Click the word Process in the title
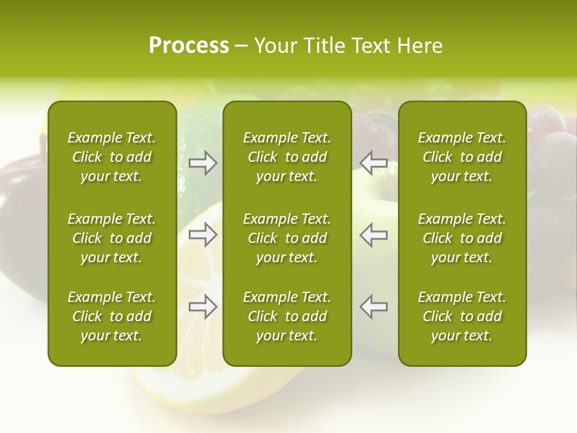(189, 46)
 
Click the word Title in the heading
(324, 46)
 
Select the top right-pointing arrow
(203, 164)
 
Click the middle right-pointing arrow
(203, 235)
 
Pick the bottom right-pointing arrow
(203, 307)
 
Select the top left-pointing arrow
(374, 164)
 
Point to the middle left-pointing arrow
(374, 235)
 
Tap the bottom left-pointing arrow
(374, 307)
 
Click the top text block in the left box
(112, 157)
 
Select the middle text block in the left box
(112, 238)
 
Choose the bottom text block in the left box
(112, 316)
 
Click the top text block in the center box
(287, 157)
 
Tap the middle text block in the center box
(287, 238)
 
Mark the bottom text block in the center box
(287, 316)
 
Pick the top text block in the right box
(462, 157)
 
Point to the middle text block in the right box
(462, 238)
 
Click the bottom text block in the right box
(462, 316)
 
